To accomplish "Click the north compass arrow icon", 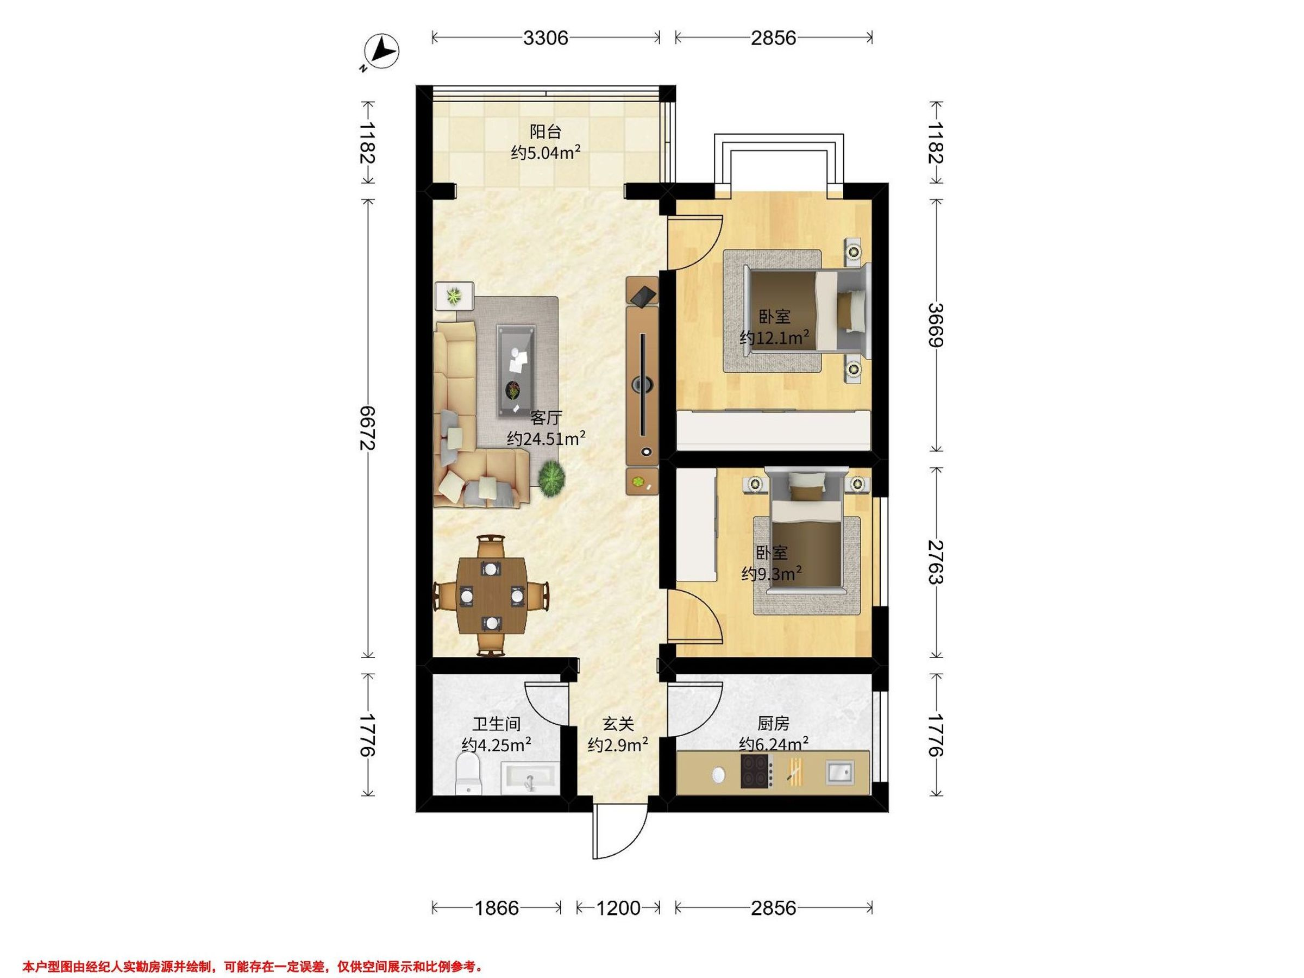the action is (383, 51).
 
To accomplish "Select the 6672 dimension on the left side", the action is (368, 428).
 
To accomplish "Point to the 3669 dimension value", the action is (935, 325).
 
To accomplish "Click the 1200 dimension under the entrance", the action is (618, 908).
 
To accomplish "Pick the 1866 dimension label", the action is (497, 908).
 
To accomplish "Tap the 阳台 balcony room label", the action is (546, 131).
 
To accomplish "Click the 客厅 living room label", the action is (546, 418).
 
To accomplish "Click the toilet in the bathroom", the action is (469, 775).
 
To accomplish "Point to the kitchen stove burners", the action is (757, 772).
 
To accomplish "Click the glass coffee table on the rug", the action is (516, 372).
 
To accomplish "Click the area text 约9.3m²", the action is (772, 573).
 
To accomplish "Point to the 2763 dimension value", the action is (935, 561).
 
